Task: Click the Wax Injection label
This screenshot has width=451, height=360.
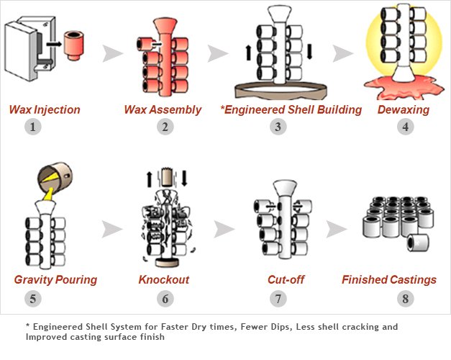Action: coord(45,110)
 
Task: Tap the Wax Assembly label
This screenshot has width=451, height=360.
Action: coord(155,110)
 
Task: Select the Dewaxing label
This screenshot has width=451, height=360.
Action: coord(403,110)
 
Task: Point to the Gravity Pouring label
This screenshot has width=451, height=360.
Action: coord(55,279)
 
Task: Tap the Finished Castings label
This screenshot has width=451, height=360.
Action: coord(389,279)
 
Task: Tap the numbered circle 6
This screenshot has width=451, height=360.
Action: coord(165,297)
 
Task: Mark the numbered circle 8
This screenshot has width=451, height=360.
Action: coord(405,297)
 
